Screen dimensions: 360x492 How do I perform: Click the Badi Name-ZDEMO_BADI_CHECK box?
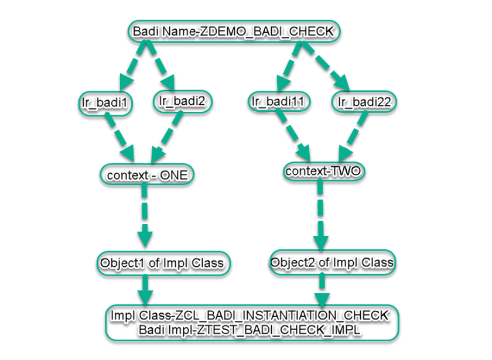point(234,32)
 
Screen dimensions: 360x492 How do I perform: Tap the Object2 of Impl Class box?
point(332,262)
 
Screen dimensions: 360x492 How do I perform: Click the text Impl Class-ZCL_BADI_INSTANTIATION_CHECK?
point(249,316)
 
